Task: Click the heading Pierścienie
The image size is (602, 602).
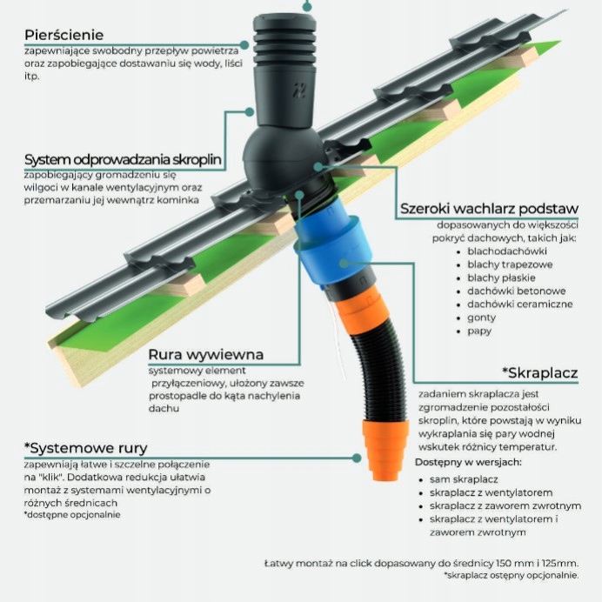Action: [64, 35]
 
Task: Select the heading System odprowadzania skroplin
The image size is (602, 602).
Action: [123, 160]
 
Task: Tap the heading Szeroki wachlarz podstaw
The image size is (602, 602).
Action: [489, 209]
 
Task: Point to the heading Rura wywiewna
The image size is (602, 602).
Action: [206, 355]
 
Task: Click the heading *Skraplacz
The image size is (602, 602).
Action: [539, 374]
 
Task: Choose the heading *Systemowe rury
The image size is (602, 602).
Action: [86, 449]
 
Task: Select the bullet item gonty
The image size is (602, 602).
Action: [481, 318]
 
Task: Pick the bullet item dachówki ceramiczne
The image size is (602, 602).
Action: [520, 304]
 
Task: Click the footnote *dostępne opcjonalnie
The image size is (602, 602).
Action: [73, 514]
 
